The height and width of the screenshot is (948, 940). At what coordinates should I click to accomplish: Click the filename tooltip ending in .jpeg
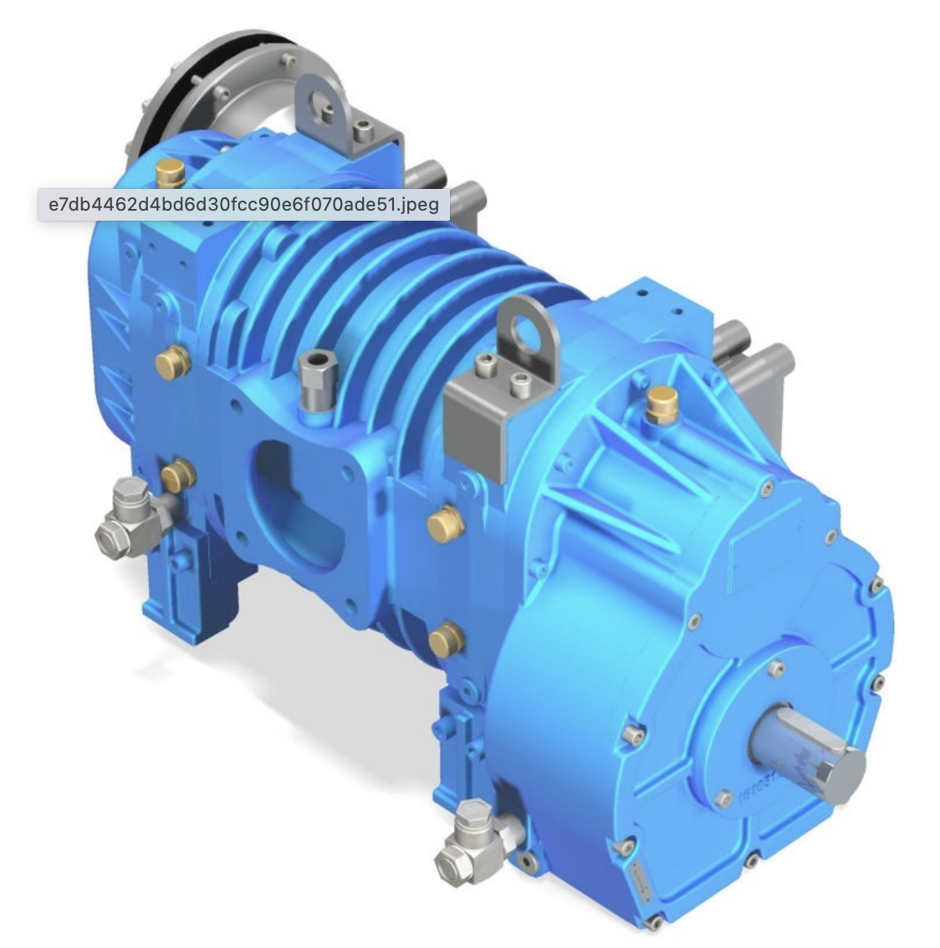(243, 204)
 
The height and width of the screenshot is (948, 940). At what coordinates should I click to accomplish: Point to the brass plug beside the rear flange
(171, 174)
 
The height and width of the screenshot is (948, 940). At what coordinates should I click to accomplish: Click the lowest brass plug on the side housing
(447, 639)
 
